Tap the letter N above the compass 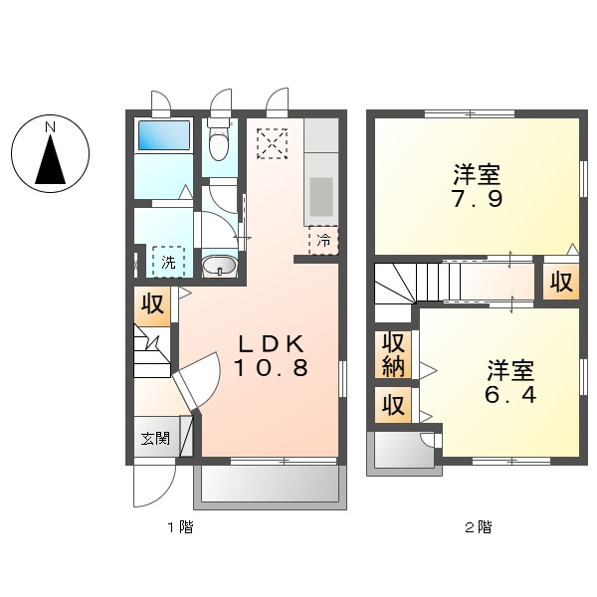coord(50,126)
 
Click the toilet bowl coord(219,145)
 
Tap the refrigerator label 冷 coord(323,240)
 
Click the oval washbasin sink coord(219,266)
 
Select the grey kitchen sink coord(320,196)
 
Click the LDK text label coord(270,343)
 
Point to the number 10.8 coord(271,367)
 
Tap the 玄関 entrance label coord(154,437)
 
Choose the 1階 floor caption coord(179,527)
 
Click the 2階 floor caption coord(479,527)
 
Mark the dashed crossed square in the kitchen coord(272,143)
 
